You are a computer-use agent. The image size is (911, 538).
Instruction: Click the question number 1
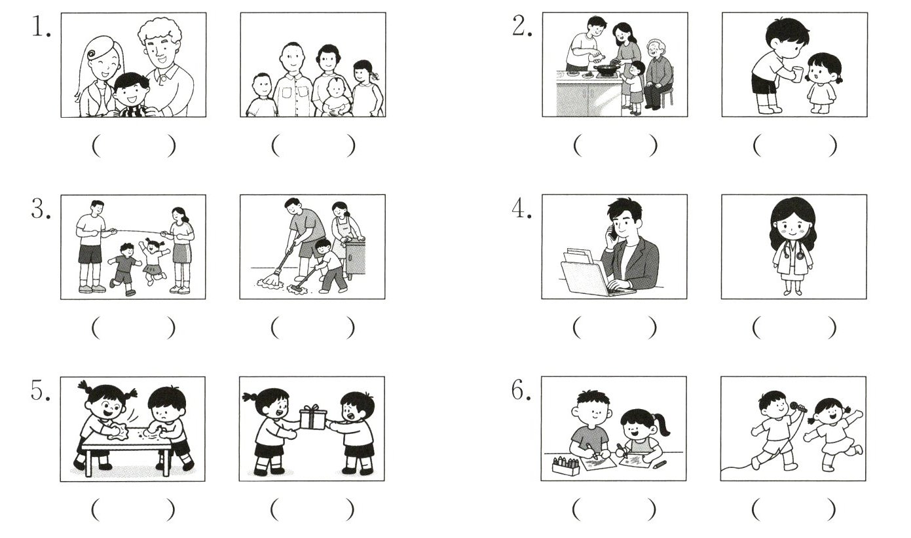click(41, 27)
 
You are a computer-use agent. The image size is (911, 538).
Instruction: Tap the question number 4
click(521, 209)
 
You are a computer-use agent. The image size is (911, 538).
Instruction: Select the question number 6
click(521, 391)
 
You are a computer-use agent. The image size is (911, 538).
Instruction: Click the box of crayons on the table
click(566, 465)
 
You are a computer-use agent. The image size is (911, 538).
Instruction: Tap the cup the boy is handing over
click(798, 74)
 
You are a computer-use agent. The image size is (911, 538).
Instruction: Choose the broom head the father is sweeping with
click(266, 282)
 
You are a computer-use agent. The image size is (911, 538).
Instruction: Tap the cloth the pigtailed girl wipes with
click(117, 431)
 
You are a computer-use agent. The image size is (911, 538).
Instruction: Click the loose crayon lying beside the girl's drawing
click(660, 464)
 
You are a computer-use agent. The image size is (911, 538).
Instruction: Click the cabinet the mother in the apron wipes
click(355, 257)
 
